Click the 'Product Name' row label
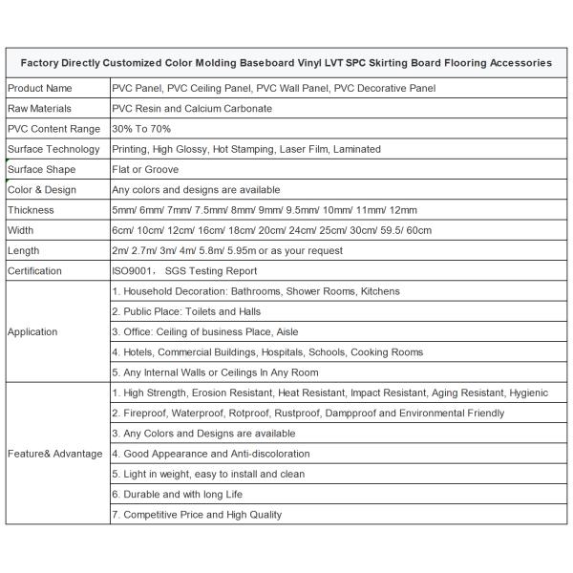(40, 88)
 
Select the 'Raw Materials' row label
(40, 108)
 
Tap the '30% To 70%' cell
(141, 128)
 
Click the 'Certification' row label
(35, 270)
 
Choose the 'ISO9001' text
(135, 270)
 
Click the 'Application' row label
(32, 331)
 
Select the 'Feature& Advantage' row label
(54, 453)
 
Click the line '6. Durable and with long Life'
(178, 494)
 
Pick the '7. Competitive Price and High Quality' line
(197, 515)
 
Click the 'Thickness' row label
(31, 209)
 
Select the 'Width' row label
(21, 230)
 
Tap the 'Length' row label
(23, 250)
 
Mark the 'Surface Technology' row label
(53, 149)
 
